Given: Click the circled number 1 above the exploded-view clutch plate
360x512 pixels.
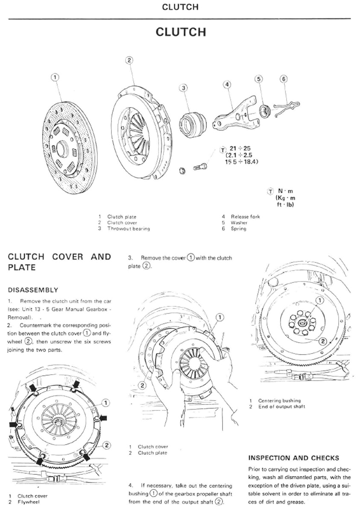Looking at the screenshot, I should point(55,77).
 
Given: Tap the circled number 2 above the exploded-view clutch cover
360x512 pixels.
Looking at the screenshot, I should point(130,60).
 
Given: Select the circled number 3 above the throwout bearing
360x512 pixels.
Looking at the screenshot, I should point(184,88).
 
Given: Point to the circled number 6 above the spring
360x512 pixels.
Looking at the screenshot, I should point(284,79).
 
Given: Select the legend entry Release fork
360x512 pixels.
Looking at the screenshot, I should point(245,217).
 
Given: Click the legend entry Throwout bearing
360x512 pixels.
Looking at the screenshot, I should point(129,229).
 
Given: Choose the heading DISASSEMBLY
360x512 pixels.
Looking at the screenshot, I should point(33,290).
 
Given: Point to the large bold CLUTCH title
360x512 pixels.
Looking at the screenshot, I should point(180,32).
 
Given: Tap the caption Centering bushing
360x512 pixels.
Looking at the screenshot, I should point(279,401).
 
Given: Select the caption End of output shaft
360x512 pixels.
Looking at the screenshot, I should point(281,407).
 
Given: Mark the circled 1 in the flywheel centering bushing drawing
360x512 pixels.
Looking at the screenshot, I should point(320,301).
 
